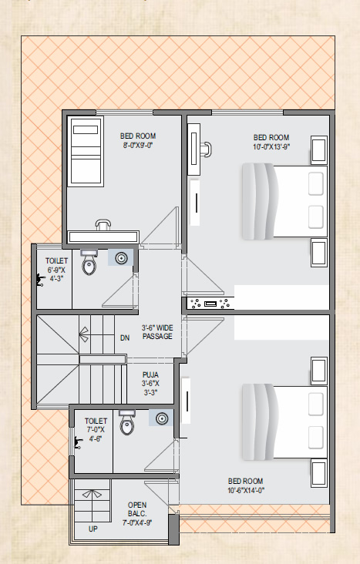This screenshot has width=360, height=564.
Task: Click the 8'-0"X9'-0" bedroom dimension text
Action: [x=138, y=146]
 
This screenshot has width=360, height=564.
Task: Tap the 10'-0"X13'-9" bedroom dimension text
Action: [x=271, y=146]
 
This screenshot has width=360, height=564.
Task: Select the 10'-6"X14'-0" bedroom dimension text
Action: [x=246, y=490]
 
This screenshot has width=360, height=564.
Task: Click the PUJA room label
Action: [x=150, y=374]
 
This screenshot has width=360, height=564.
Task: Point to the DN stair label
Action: [x=125, y=338]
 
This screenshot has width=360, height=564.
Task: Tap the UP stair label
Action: [x=93, y=529]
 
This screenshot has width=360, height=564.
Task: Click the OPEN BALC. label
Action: [x=137, y=509]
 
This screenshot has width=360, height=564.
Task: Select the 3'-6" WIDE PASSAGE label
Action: [x=157, y=332]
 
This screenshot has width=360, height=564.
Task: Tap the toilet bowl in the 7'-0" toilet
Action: [x=126, y=422]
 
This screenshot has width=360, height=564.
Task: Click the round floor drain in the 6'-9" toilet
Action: [x=121, y=258]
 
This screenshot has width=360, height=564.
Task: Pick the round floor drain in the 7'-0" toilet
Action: [x=162, y=418]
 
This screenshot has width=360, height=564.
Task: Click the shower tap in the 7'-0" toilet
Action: [x=78, y=443]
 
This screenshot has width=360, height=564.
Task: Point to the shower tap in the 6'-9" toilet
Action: [x=40, y=280]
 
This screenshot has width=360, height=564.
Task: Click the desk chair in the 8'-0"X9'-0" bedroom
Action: [x=103, y=225]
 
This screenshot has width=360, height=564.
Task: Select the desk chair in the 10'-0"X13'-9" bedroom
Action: [x=207, y=149]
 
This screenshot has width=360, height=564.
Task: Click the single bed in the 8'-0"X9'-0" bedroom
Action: [x=86, y=151]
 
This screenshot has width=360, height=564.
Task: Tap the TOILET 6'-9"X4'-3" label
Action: [x=56, y=270]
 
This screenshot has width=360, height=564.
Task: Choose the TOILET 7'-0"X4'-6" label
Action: [x=96, y=430]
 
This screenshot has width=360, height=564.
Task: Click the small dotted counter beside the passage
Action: [x=210, y=304]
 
